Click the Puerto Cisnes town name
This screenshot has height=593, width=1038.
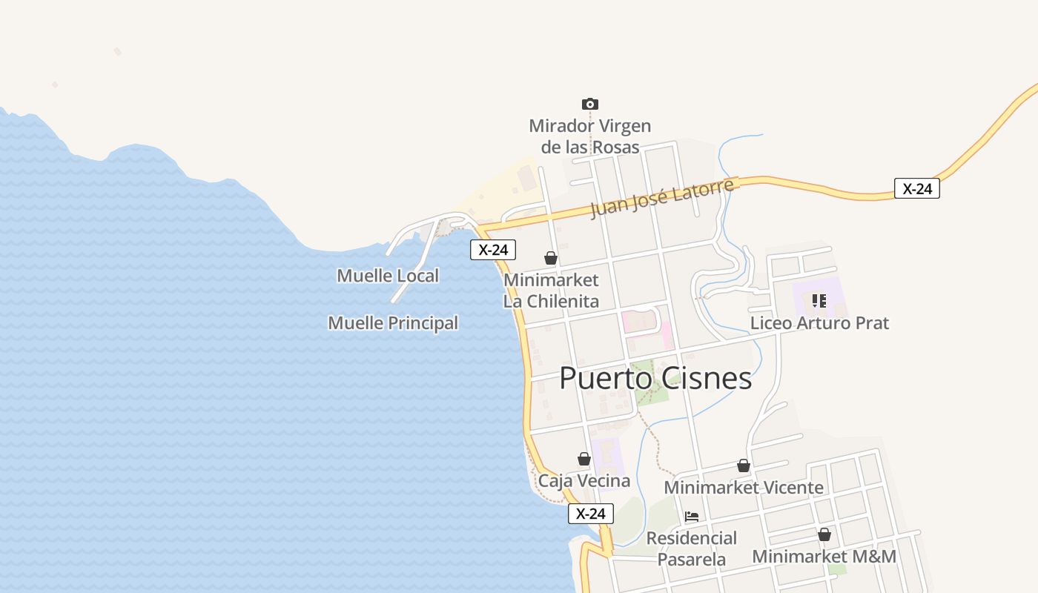tap(655, 378)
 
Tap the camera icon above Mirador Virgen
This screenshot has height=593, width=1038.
tap(589, 105)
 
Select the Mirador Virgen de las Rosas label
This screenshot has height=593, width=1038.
tap(589, 136)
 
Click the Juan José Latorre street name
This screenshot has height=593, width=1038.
tap(662, 198)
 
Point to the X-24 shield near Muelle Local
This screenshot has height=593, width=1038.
tap(493, 250)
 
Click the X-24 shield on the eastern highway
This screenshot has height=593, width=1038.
tap(917, 188)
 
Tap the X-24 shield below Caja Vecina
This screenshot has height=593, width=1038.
tap(591, 513)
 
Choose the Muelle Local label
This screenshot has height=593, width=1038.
tap(388, 276)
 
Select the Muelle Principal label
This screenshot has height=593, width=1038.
tap(393, 323)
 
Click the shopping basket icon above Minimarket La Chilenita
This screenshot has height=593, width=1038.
tap(551, 258)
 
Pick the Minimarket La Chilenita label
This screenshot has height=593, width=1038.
tap(551, 291)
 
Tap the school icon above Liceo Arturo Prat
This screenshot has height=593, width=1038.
tap(819, 300)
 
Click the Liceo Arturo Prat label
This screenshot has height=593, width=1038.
tap(819, 323)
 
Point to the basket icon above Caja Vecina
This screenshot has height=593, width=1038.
tap(584, 459)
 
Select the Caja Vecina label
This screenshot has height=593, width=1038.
tap(584, 481)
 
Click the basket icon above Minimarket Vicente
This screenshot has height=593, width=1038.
tap(744, 466)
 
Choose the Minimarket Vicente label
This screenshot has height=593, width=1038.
tap(744, 488)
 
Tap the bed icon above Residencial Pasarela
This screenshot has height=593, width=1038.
tap(692, 517)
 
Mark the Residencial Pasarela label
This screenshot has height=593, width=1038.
tap(692, 549)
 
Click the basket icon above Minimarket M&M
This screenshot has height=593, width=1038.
tap(824, 534)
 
